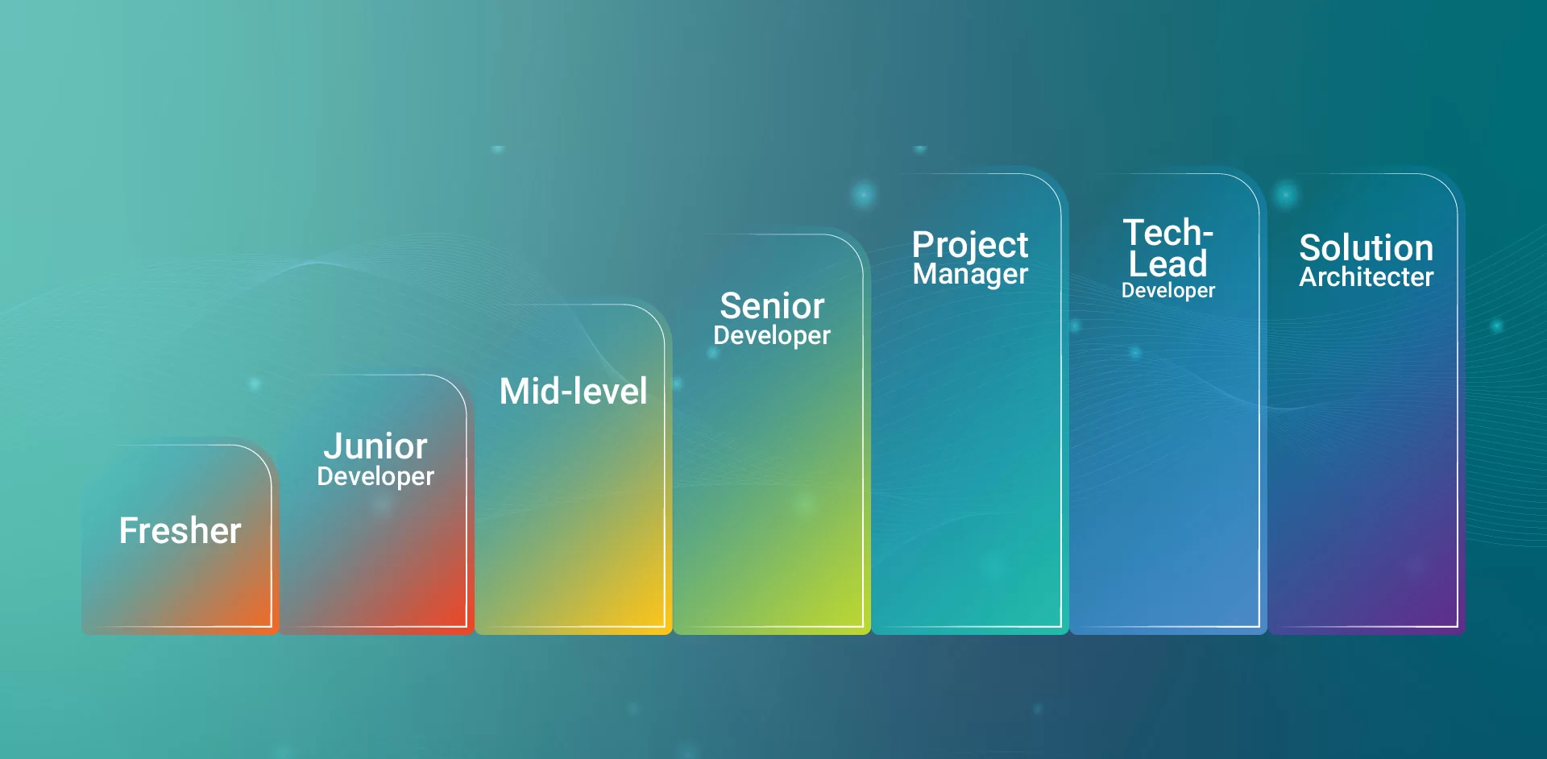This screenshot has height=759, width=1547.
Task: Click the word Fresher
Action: [180, 530]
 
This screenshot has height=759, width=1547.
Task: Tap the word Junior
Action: [375, 446]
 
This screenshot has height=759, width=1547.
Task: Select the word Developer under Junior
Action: [375, 477]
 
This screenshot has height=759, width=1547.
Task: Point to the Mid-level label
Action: [574, 391]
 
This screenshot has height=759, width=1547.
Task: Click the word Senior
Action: [772, 306]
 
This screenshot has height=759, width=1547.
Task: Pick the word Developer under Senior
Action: [772, 336]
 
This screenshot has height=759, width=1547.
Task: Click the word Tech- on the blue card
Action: [1168, 233]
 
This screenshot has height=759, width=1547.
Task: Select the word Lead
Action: [1168, 263]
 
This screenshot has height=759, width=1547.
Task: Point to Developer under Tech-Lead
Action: [1168, 291]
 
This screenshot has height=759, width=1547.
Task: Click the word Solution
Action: [1367, 247]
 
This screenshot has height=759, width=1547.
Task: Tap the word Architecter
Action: [1367, 277]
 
